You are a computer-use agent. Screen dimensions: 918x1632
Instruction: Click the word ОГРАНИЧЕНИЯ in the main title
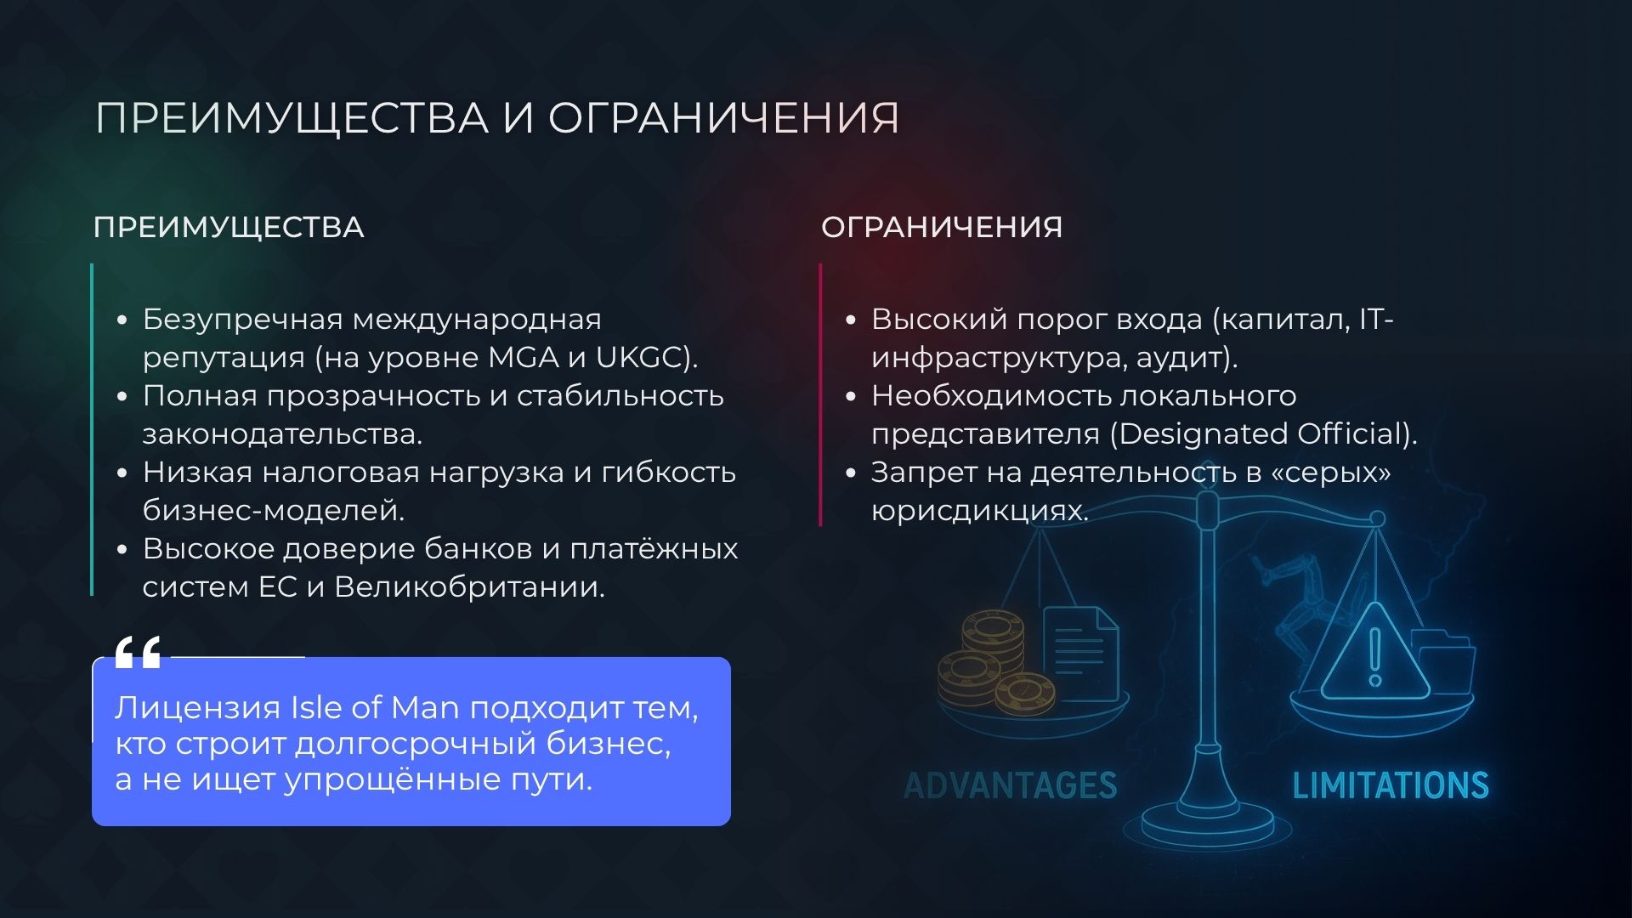[x=722, y=117]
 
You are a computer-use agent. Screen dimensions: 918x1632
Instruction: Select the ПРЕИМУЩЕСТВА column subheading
[x=229, y=228]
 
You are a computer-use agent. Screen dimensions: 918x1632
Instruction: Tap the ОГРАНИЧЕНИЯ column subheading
[x=942, y=228]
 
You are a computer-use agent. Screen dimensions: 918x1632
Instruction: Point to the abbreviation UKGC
[x=639, y=358]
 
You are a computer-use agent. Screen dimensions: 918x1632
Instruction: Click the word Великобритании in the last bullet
[x=469, y=587]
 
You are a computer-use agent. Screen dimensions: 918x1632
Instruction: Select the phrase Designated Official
[x=1263, y=434]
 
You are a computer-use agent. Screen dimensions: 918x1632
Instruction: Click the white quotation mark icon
[x=138, y=653]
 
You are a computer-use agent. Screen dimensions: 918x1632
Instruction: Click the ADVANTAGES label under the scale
[x=1010, y=785]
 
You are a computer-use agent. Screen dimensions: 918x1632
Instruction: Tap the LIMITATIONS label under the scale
[x=1390, y=785]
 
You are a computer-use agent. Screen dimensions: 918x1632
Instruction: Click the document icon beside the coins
[x=1079, y=650]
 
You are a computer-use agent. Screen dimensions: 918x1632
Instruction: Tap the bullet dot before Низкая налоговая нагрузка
[x=122, y=473]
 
